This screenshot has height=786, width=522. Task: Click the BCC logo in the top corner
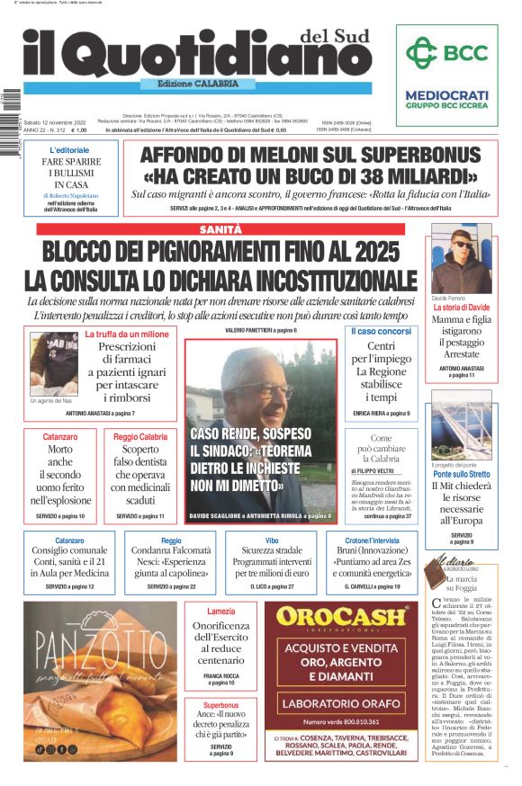[446, 53]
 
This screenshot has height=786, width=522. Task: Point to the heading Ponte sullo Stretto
[462, 473]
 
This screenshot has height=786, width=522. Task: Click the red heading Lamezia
[220, 611]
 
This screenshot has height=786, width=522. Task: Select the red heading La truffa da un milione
[127, 335]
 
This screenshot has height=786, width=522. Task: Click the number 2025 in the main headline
[370, 250]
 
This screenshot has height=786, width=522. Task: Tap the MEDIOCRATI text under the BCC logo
[446, 94]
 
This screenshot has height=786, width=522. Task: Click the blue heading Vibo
[271, 540]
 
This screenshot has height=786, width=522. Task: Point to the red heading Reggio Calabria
[140, 436]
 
